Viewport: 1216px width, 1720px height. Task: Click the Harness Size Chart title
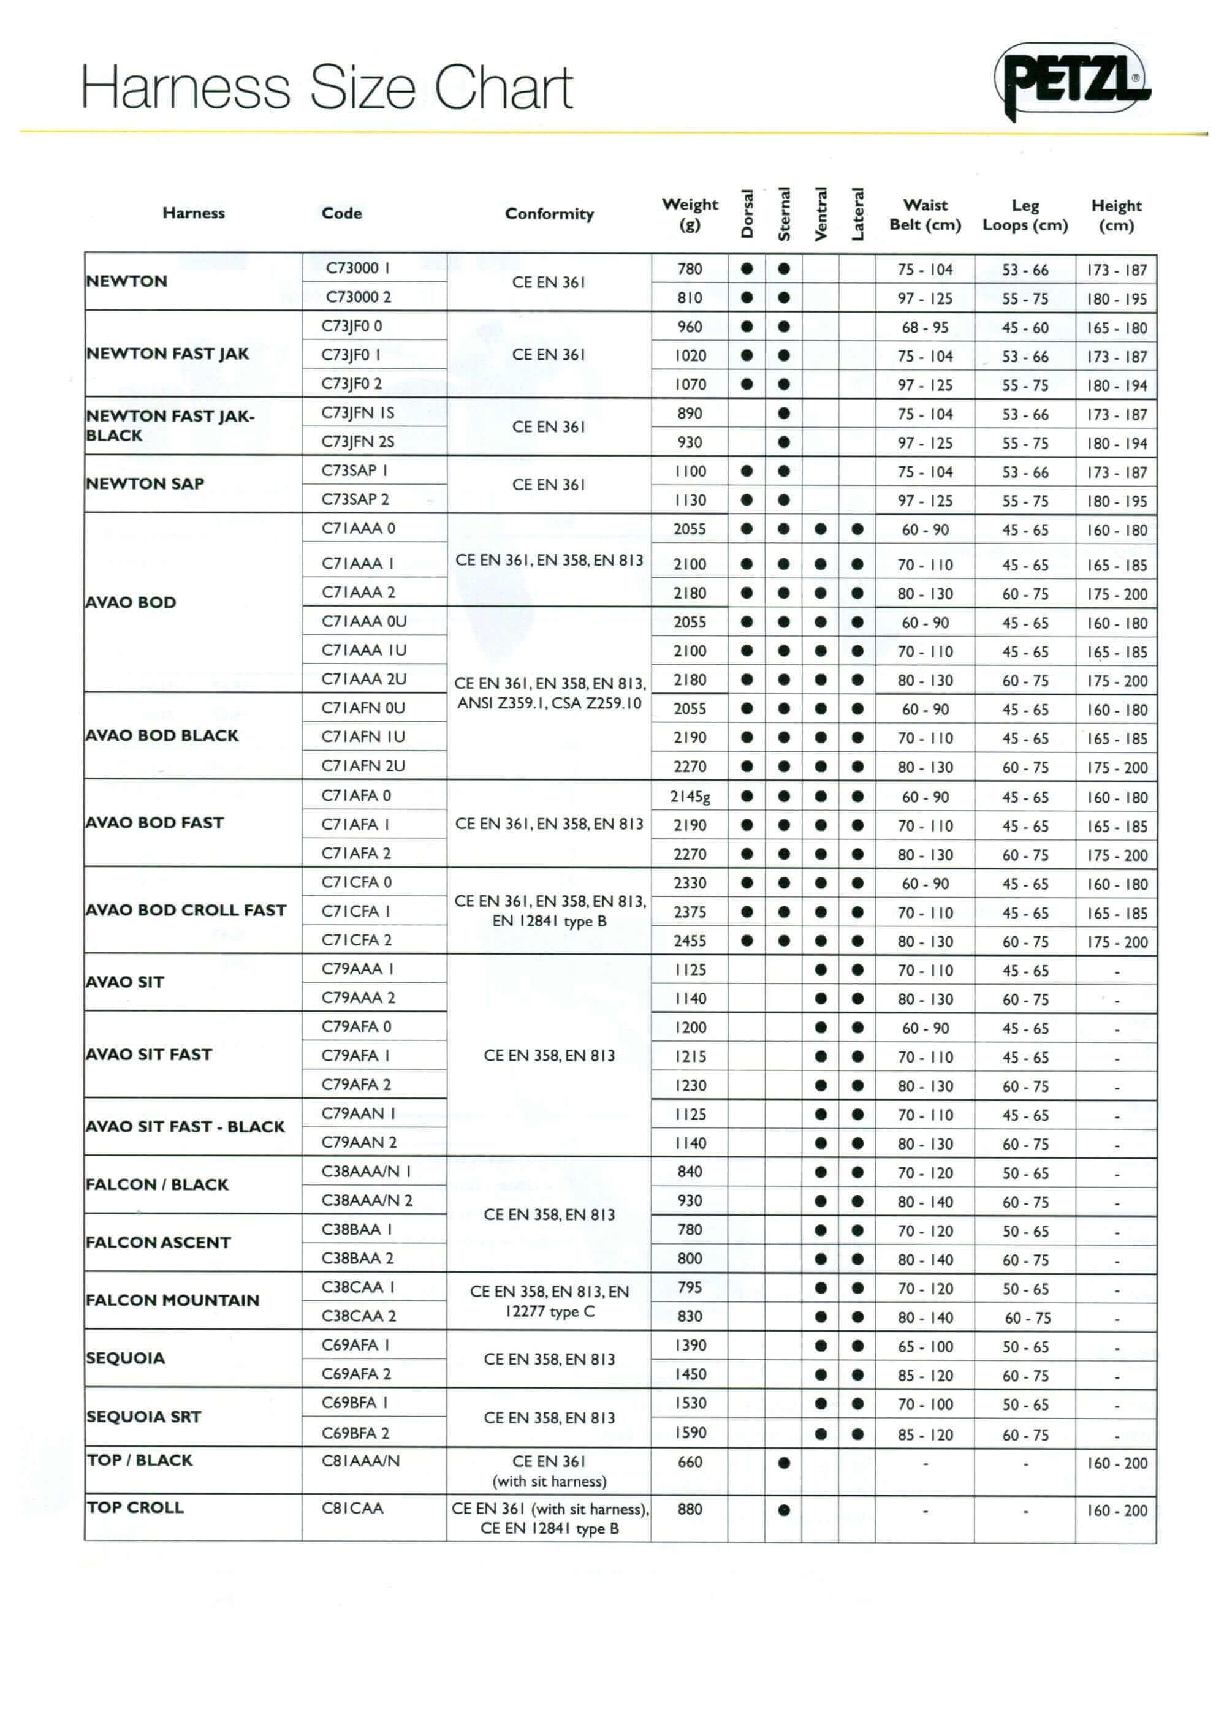tap(327, 87)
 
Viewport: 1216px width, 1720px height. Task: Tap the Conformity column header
tap(549, 213)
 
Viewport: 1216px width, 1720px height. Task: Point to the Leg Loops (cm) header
tap(1025, 215)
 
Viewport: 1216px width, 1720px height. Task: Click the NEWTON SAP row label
tap(145, 484)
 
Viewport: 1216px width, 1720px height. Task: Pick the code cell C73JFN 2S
tap(358, 442)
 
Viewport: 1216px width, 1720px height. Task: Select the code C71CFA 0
tap(357, 882)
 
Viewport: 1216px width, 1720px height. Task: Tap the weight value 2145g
tap(690, 797)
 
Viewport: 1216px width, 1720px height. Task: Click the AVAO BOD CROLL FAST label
tap(186, 910)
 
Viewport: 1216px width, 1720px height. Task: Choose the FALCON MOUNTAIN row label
tap(172, 1300)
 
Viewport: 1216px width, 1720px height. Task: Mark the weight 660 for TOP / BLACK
tap(690, 1461)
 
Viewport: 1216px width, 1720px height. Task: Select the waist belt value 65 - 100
tap(925, 1347)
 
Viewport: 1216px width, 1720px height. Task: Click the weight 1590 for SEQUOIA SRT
tap(690, 1433)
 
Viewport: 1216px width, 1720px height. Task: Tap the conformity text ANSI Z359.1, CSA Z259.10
tap(549, 703)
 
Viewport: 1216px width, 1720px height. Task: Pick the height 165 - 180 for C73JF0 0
tap(1116, 328)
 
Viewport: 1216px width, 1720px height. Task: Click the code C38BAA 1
tap(357, 1229)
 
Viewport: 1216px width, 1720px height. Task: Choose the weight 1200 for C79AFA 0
tap(690, 1028)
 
